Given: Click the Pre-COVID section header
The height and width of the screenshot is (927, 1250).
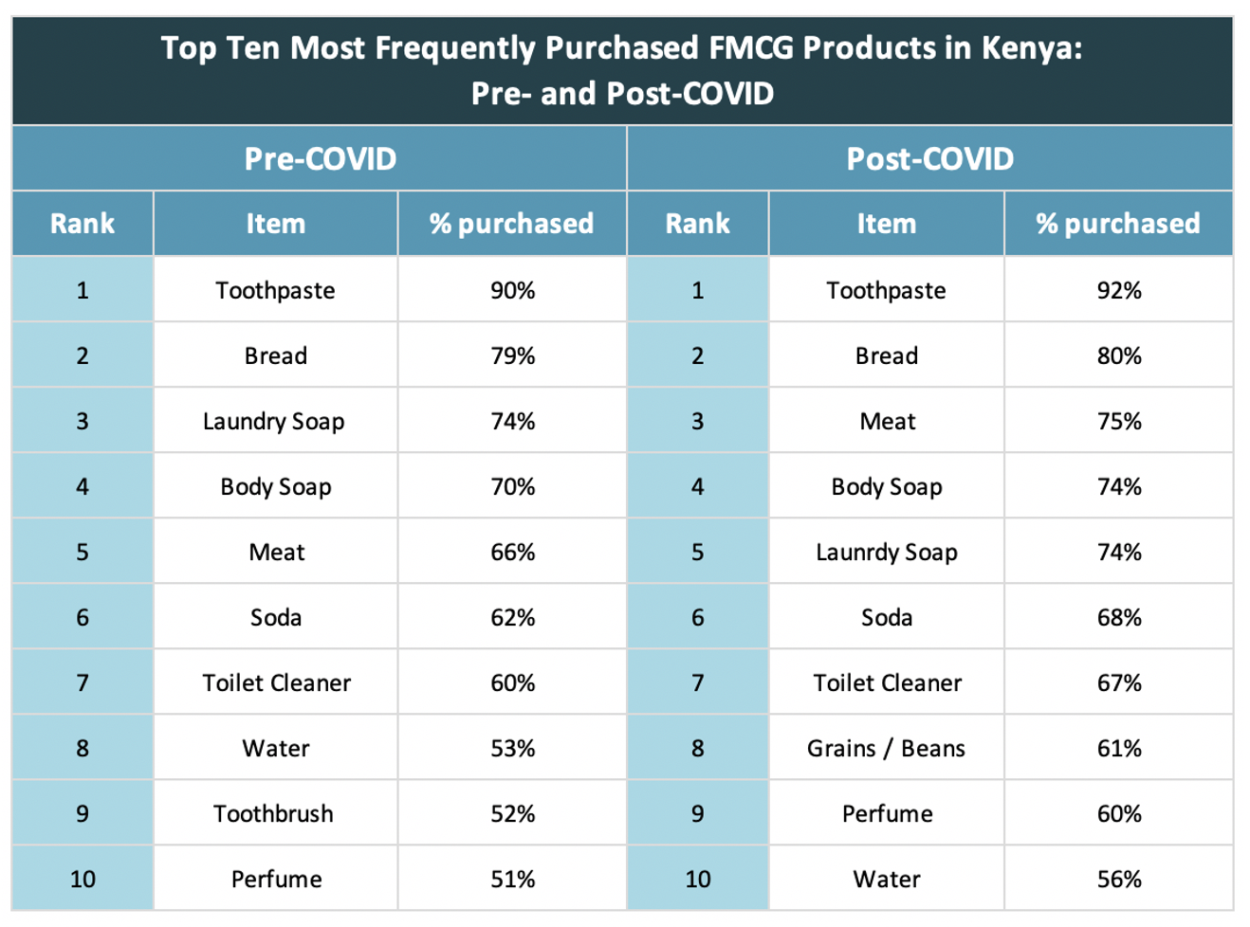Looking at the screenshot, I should (x=320, y=158).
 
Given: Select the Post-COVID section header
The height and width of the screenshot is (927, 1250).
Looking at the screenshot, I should (x=929, y=158).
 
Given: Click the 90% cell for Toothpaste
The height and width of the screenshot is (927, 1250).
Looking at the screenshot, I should (x=512, y=290).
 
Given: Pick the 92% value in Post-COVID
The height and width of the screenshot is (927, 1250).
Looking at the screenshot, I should (x=1119, y=290).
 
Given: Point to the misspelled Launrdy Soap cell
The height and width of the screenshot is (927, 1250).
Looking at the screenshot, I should (x=887, y=552).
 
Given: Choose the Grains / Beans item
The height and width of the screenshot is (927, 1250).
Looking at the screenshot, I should (x=886, y=748).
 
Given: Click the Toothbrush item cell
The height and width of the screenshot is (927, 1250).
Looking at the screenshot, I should (x=274, y=813).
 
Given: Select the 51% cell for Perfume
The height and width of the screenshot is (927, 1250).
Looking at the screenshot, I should (x=512, y=879).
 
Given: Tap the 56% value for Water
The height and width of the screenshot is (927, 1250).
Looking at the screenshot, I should (x=1119, y=879).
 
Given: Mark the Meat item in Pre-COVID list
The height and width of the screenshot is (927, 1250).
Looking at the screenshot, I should (x=276, y=552).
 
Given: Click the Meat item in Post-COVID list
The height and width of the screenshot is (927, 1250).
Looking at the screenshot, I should (x=887, y=421).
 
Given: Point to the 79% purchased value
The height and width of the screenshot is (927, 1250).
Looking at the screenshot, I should (x=512, y=355).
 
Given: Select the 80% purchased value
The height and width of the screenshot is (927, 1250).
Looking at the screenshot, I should (x=1119, y=355).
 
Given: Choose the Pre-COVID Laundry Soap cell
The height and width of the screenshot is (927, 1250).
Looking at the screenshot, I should (x=274, y=421).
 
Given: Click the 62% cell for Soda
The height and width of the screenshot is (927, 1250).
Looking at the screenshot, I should (x=512, y=617).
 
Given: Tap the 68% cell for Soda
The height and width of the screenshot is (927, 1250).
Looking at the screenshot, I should (x=1119, y=617).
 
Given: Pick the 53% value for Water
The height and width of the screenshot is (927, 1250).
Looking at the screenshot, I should (x=512, y=748).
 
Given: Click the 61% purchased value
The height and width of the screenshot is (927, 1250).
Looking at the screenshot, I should (x=1119, y=748).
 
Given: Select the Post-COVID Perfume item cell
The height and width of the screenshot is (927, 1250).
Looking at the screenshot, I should (x=887, y=813).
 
